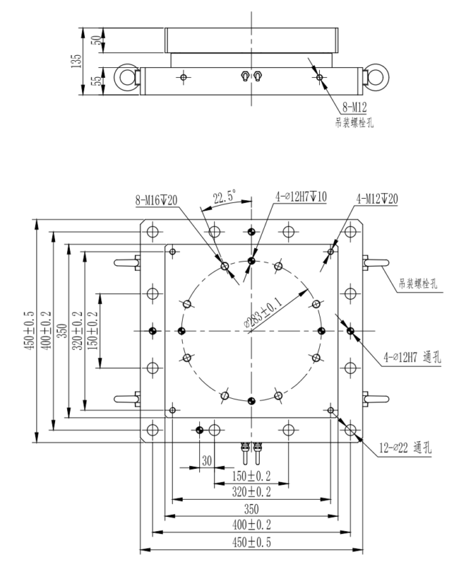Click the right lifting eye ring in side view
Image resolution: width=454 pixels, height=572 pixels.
(x=375, y=76)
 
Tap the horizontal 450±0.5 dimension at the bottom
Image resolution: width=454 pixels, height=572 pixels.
(x=250, y=543)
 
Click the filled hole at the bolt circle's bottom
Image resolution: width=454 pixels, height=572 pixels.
(x=251, y=400)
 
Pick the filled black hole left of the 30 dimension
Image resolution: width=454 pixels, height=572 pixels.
(x=200, y=429)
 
